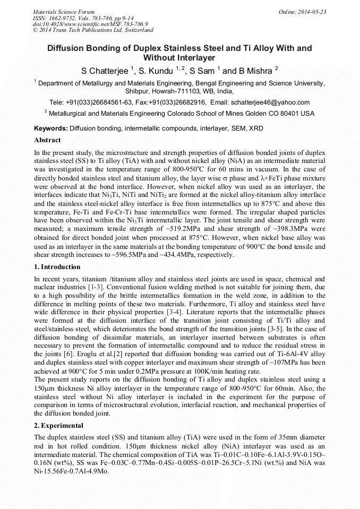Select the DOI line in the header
click(x=90, y=24)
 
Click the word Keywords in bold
click(x=50, y=129)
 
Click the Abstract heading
click(x=47, y=141)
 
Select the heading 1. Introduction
click(x=57, y=267)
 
